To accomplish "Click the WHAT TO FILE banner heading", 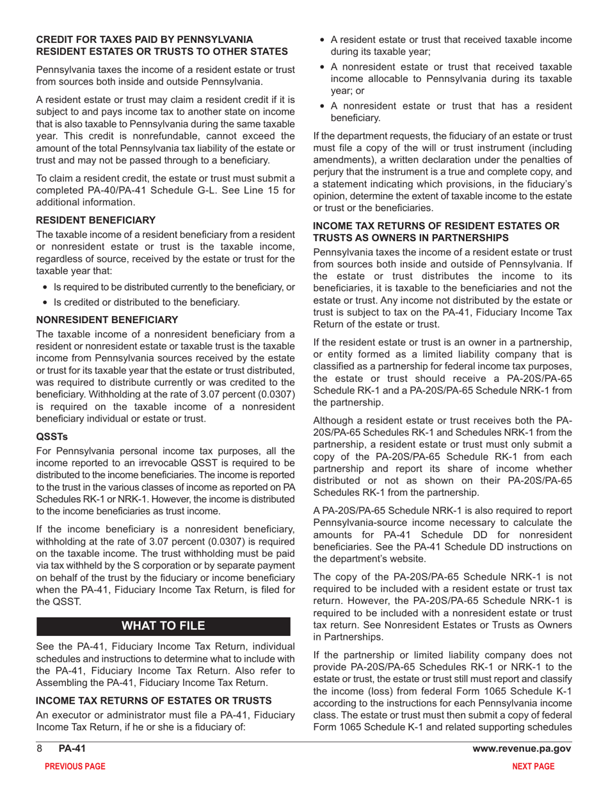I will tap(164, 624).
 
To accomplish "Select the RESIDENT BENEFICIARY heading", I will tap(95, 219).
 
